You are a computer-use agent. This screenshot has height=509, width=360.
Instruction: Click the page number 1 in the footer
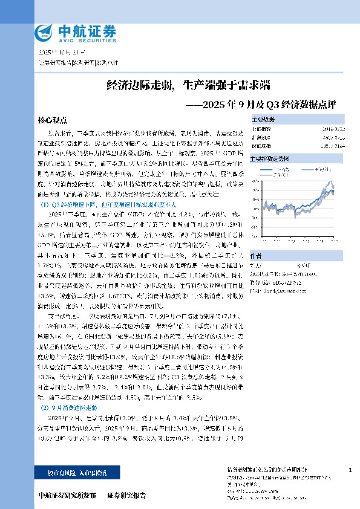pyautogui.click(x=351, y=470)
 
